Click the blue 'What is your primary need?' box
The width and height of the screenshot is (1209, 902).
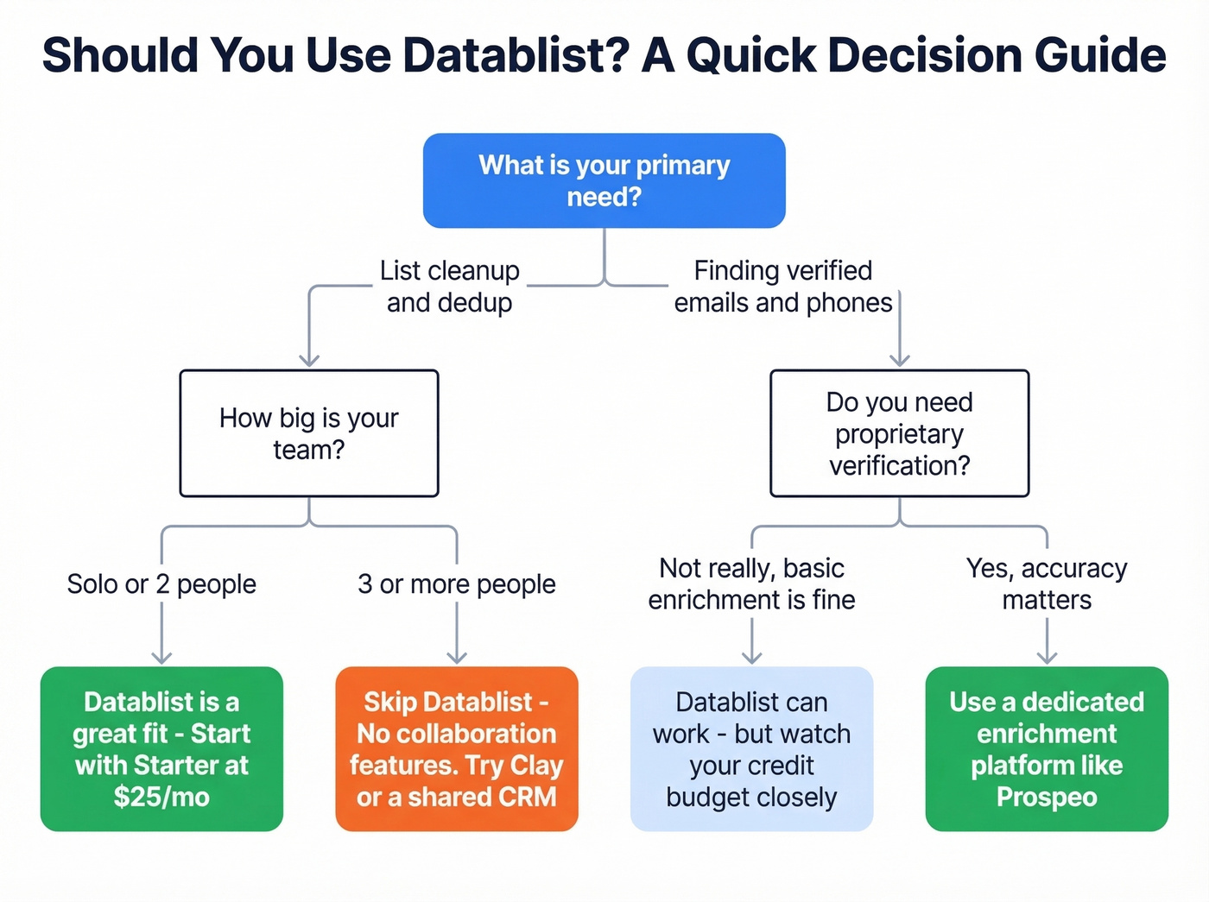[604, 180]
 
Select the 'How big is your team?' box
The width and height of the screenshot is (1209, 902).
[308, 433]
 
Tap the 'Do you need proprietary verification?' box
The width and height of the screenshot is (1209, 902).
[899, 433]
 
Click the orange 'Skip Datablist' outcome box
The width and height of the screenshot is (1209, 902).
[456, 748]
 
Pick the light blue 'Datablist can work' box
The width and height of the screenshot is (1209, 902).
[751, 748]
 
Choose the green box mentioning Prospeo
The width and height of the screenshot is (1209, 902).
[1047, 748]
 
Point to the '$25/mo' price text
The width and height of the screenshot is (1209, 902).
[161, 797]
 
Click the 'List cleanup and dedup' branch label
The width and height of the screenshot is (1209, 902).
[449, 287]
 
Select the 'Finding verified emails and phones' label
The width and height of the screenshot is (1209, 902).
[782, 287]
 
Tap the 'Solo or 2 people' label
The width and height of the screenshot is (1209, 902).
[161, 584]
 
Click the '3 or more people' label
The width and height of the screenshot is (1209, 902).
[456, 584]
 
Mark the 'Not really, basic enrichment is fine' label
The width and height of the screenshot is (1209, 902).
[751, 584]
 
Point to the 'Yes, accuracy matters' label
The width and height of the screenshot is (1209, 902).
[1047, 584]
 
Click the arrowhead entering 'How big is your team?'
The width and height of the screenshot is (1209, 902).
[309, 361]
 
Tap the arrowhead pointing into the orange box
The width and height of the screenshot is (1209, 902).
[457, 658]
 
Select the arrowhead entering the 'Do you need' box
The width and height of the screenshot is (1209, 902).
[900, 361]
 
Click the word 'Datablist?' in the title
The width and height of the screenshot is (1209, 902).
[516, 55]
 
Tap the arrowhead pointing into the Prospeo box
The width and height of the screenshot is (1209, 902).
[1047, 658]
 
